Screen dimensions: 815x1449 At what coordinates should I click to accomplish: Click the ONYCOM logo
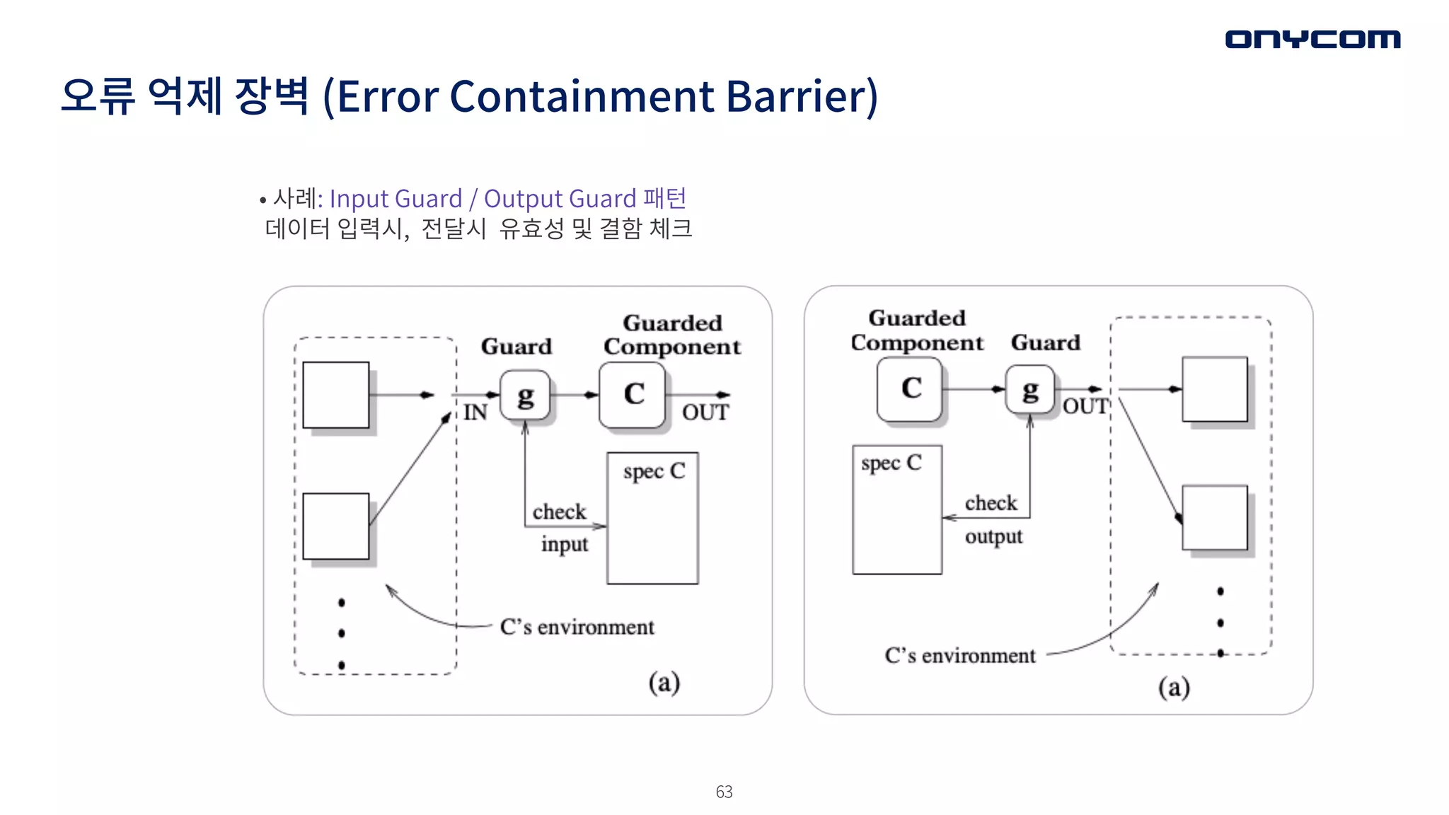click(1312, 39)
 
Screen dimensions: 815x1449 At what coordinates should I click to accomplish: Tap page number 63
click(724, 792)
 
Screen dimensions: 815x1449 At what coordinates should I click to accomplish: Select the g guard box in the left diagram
click(525, 395)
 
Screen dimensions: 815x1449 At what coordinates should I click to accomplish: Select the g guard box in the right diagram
click(1030, 389)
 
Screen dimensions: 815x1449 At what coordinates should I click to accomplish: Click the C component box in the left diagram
click(633, 395)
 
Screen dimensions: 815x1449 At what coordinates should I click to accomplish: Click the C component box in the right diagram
click(910, 389)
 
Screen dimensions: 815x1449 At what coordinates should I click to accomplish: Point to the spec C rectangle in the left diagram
click(652, 518)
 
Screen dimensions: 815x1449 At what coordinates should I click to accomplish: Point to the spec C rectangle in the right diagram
click(897, 509)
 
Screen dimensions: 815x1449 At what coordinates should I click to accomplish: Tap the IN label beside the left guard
click(475, 412)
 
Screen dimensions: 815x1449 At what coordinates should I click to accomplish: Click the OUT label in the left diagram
click(705, 412)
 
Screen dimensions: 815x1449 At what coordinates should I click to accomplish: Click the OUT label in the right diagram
click(1085, 406)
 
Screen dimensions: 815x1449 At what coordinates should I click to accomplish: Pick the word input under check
click(565, 544)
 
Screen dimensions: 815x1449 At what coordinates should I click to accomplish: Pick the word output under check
click(993, 536)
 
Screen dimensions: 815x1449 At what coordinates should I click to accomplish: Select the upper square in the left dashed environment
click(336, 395)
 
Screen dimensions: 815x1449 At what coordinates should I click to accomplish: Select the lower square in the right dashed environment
click(1215, 517)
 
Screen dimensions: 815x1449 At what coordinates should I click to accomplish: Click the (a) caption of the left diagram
click(664, 682)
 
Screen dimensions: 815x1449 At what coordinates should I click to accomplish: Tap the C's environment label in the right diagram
click(959, 656)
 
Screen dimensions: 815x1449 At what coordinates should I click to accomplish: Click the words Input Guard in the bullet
click(396, 199)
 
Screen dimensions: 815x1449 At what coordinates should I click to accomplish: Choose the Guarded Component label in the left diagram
click(672, 335)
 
